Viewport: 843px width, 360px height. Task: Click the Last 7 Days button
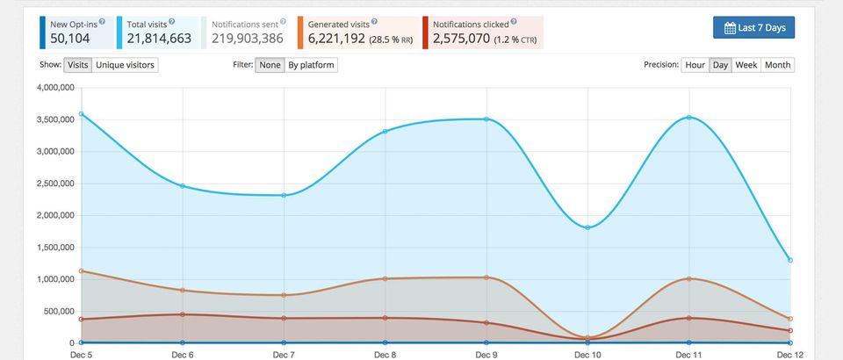coord(753,28)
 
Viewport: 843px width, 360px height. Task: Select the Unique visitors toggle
coord(126,65)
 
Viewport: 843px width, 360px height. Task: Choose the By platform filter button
coord(311,65)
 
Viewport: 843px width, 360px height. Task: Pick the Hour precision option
coord(695,65)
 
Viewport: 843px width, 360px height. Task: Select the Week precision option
coord(746,65)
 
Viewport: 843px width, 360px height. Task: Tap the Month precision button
coord(777,65)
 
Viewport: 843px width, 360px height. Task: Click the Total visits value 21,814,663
coord(159,39)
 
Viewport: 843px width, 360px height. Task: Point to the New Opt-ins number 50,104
coord(70,39)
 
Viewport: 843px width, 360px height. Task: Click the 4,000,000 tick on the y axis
coord(54,88)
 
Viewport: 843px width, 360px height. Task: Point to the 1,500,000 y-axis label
coord(54,248)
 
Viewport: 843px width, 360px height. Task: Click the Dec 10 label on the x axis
coord(587,355)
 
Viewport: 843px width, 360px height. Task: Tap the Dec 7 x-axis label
coord(284,355)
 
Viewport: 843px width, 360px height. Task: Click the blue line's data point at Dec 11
coord(689,117)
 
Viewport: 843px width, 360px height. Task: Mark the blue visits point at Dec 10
coord(587,227)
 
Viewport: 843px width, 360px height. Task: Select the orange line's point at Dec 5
coord(81,270)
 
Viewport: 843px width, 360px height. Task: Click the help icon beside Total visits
coord(171,21)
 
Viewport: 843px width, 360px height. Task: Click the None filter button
coord(270,65)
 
